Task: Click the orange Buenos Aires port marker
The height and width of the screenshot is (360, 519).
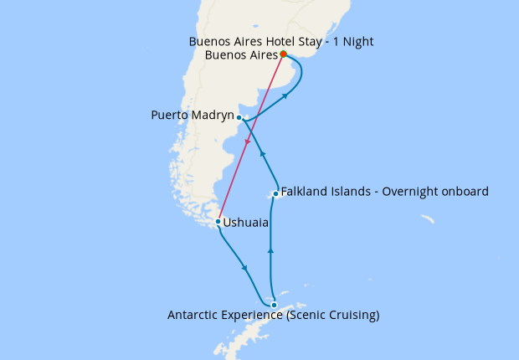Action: click(283, 54)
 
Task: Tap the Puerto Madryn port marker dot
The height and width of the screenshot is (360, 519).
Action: click(239, 117)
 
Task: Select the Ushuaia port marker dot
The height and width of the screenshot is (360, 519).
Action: click(218, 222)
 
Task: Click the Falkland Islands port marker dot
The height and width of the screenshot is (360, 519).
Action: click(275, 193)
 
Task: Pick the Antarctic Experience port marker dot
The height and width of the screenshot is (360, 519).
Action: click(274, 305)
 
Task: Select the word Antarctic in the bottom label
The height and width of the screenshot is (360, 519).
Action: click(195, 316)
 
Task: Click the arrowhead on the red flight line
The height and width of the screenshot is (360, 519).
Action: click(248, 144)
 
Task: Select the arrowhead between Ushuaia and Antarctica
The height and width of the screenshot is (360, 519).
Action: click(244, 269)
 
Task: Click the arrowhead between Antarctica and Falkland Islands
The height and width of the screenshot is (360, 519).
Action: click(270, 249)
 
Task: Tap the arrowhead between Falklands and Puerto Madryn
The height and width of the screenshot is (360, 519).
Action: click(262, 152)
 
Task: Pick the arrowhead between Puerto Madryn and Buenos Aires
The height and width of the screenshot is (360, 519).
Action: click(285, 97)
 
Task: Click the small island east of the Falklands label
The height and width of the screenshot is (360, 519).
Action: click(427, 219)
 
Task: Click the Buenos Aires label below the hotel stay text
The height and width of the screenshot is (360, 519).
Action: click(240, 55)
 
